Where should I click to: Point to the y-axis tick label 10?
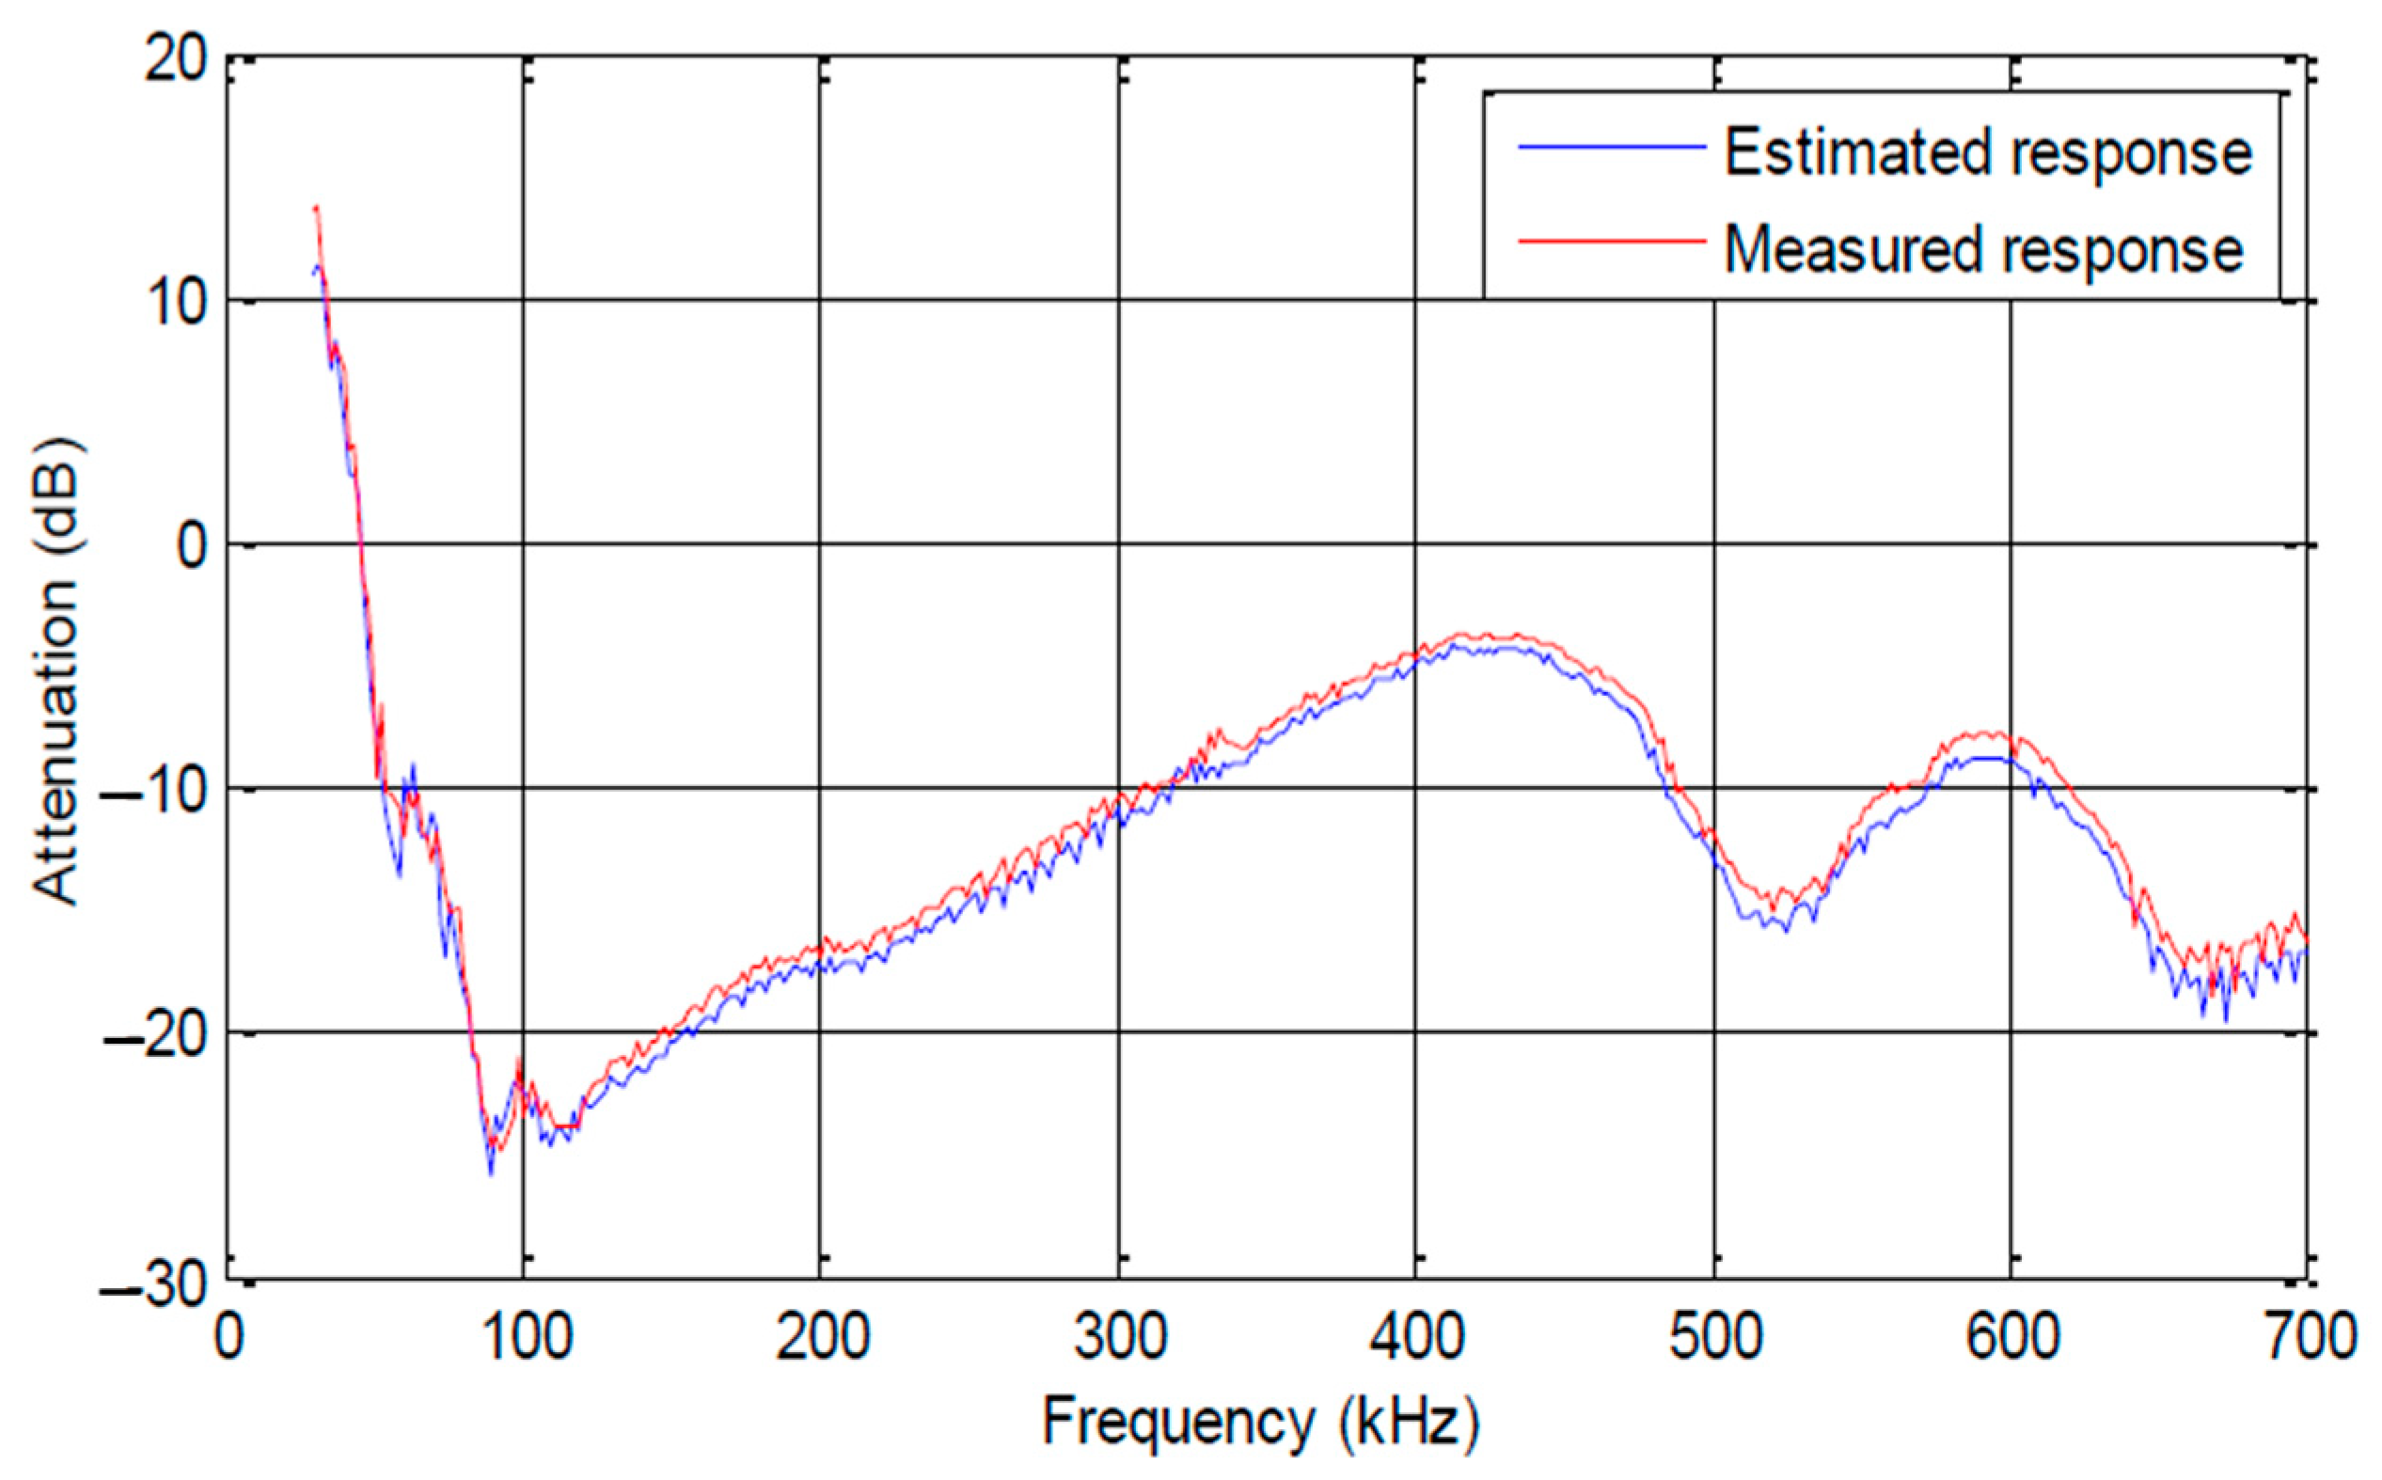tap(176, 303)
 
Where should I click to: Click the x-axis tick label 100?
tap(525, 1337)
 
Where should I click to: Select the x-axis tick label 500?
tap(1714, 1337)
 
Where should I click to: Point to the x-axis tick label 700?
tap(2308, 1337)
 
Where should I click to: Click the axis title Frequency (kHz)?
tap(1260, 1423)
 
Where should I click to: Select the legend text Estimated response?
tap(1987, 151)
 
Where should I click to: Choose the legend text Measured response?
tap(1982, 248)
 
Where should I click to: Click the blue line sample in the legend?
tap(1611, 148)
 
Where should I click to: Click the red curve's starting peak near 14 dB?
tap(316, 209)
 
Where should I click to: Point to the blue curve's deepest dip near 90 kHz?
tap(490, 1172)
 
